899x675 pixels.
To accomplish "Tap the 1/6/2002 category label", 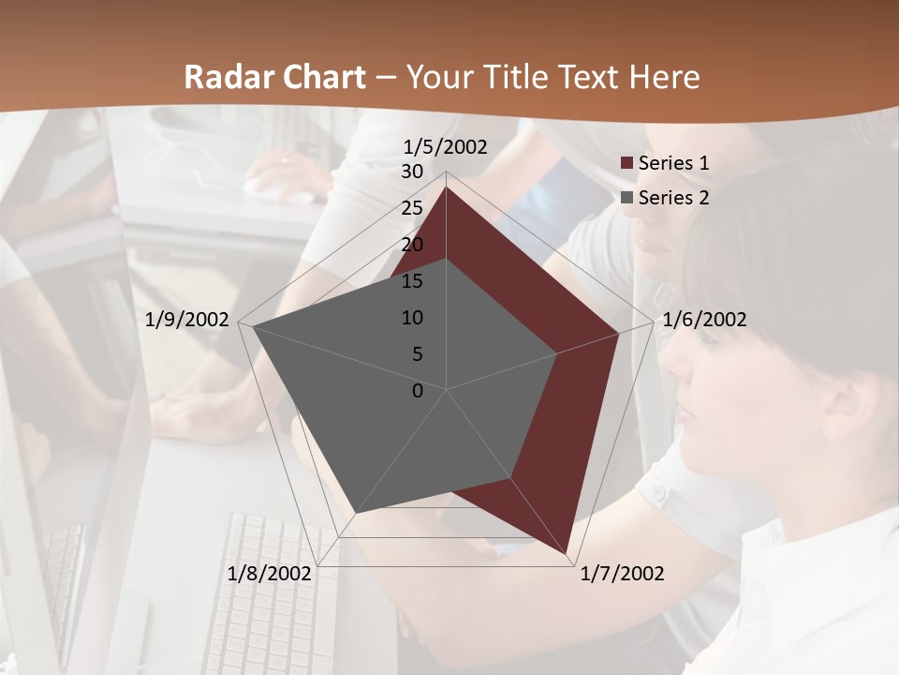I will coord(704,320).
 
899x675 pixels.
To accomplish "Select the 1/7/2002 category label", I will coord(622,574).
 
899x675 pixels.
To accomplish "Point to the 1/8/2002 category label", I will coord(270,574).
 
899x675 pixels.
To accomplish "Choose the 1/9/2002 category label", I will coord(187,320).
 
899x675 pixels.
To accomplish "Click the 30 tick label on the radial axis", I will coord(412,172).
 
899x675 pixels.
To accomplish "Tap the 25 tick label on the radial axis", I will coord(412,208).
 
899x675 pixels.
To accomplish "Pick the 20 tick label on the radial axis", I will coord(412,245).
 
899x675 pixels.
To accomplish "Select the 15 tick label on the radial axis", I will coord(412,281).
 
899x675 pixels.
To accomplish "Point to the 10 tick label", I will coord(412,318).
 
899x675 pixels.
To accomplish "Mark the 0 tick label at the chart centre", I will coord(418,391).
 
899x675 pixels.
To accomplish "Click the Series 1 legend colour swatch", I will coord(626,163).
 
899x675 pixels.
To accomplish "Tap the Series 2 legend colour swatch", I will coord(626,198).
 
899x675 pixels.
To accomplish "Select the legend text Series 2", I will coord(673,198).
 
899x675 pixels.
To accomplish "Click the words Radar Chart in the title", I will coord(274,77).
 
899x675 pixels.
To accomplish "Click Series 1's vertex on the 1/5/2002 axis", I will coord(446,187).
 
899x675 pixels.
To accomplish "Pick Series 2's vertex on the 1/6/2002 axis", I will coord(557,353).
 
